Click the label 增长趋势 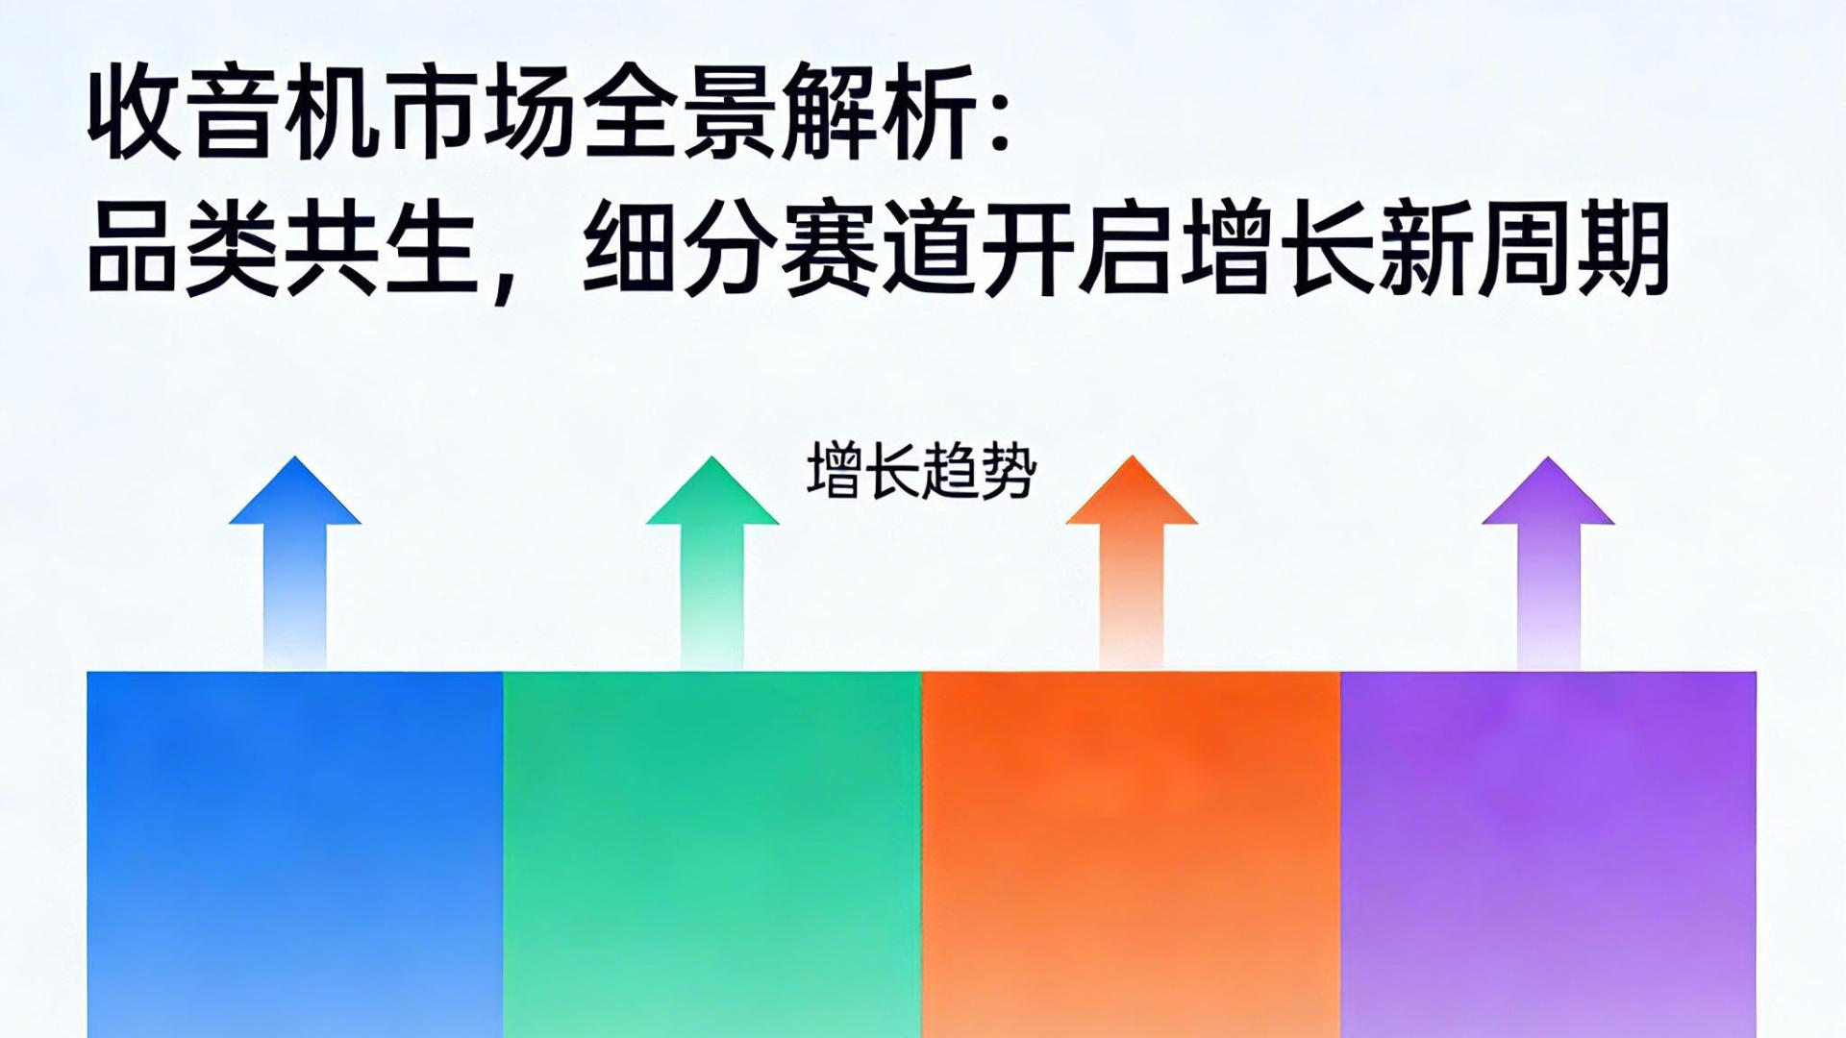[x=921, y=471]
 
